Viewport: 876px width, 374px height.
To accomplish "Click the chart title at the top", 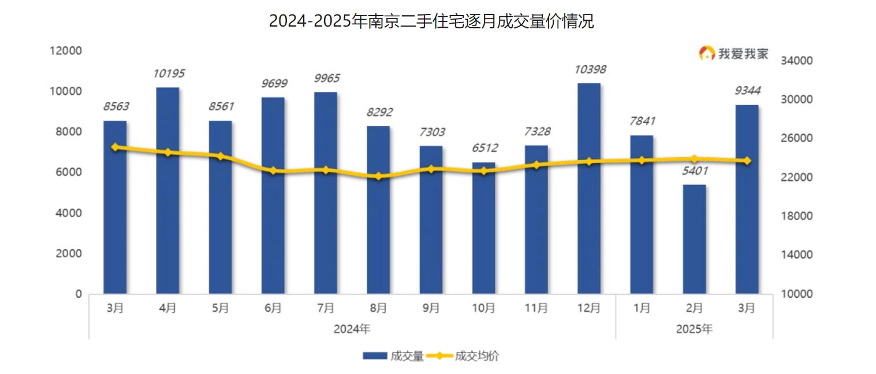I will pos(431,21).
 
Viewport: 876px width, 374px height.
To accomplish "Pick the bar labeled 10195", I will pos(167,190).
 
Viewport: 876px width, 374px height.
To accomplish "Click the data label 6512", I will pos(484,148).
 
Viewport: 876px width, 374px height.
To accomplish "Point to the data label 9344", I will pos(747,91).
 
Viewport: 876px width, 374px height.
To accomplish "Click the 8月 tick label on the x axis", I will pos(378,308).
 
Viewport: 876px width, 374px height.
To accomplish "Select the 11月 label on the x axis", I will pos(536,308).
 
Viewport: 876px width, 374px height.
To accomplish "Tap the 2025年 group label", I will pos(694,329).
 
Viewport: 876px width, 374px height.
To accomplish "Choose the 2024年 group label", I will pos(352,329).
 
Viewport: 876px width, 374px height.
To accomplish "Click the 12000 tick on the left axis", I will pos(66,51).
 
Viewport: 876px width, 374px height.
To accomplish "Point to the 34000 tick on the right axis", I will pos(797,61).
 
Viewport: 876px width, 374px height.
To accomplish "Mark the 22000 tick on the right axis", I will pos(797,177).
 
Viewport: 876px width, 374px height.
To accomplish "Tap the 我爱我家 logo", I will pos(734,54).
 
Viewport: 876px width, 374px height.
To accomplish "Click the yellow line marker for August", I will pos(378,176).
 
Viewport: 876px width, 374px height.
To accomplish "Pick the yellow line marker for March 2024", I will pos(115,147).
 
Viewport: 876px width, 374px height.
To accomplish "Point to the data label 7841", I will pos(642,121).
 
